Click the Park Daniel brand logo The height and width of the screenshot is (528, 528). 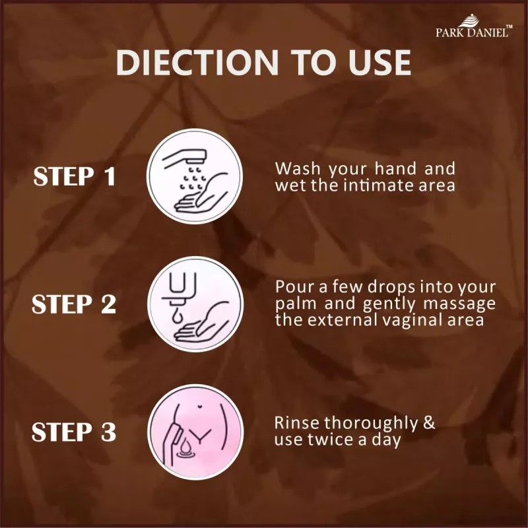coord(474,26)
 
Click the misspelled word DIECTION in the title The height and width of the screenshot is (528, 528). coord(197,63)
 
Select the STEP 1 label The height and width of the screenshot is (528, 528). coord(75,176)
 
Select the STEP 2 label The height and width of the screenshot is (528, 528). coord(74,304)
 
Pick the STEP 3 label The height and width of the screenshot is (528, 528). coord(74,432)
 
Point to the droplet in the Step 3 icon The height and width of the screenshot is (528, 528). coord(185,447)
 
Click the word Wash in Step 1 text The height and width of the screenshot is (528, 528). coord(298,168)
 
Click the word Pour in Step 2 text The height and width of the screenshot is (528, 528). coord(296,286)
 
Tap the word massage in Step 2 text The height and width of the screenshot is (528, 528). coord(459,304)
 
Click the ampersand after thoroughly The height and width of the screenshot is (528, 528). coord(429,422)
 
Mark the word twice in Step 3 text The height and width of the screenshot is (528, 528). coord(331,440)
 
